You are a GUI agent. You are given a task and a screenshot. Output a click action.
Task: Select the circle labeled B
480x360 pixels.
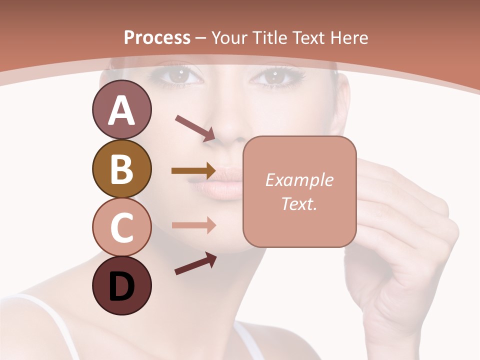[x=121, y=169]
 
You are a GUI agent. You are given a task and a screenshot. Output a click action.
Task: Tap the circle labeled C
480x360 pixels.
[x=121, y=227]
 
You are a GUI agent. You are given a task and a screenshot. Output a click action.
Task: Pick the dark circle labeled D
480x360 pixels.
[x=121, y=285]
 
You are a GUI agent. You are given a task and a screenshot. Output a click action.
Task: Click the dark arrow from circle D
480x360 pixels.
[x=195, y=263]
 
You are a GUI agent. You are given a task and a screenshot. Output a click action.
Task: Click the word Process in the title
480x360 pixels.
[x=157, y=38]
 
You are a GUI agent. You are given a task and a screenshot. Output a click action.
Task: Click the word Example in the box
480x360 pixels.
[x=299, y=180]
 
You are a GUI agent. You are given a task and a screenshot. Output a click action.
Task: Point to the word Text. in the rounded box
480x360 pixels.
[x=299, y=203]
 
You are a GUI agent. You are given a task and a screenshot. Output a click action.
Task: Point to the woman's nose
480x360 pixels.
[x=227, y=131]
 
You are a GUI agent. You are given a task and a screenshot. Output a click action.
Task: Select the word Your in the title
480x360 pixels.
[x=231, y=38]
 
